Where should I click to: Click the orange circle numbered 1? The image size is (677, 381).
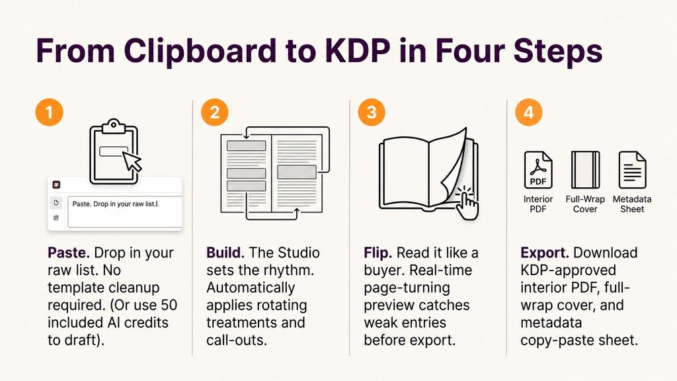coord(49,112)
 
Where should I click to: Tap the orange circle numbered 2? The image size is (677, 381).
coord(215,112)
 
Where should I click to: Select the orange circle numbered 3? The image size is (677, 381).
coord(372,112)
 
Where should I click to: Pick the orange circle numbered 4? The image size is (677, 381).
coord(528,112)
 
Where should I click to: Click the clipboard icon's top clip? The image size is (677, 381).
coord(114,125)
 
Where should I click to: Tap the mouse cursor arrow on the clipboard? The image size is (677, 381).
coord(132,161)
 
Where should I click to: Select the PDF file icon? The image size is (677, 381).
coord(538,170)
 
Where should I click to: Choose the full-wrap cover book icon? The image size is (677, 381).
coord(585,170)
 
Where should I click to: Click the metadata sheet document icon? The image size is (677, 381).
coord(632,170)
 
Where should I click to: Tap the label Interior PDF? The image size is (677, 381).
coord(538,204)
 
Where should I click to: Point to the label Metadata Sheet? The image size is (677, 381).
coord(632,204)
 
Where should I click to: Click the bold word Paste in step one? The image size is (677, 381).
coord(69,253)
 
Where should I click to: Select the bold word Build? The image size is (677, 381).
coord(225,253)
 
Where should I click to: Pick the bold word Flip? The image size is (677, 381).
coord(378,253)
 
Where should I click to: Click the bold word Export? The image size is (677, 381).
coord(545,253)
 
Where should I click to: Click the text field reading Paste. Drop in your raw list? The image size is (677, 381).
coord(125,212)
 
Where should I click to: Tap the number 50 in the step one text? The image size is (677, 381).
coord(169,305)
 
